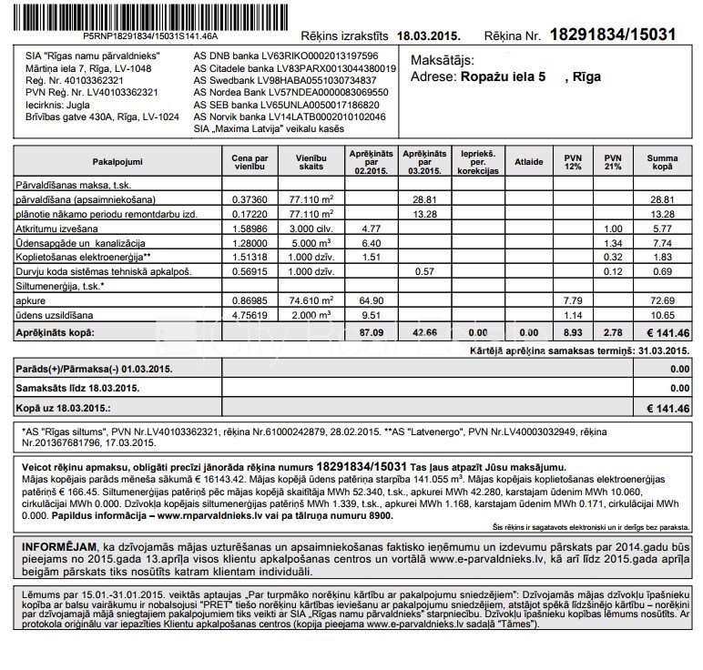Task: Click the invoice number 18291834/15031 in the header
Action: pos(613,35)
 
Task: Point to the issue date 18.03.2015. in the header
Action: pos(430,36)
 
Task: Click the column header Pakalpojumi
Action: pos(117,161)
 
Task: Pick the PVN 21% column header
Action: pos(613,161)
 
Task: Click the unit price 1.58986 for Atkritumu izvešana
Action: pos(250,228)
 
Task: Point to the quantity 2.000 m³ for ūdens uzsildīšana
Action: pos(311,314)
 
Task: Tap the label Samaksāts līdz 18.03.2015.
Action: pos(77,388)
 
